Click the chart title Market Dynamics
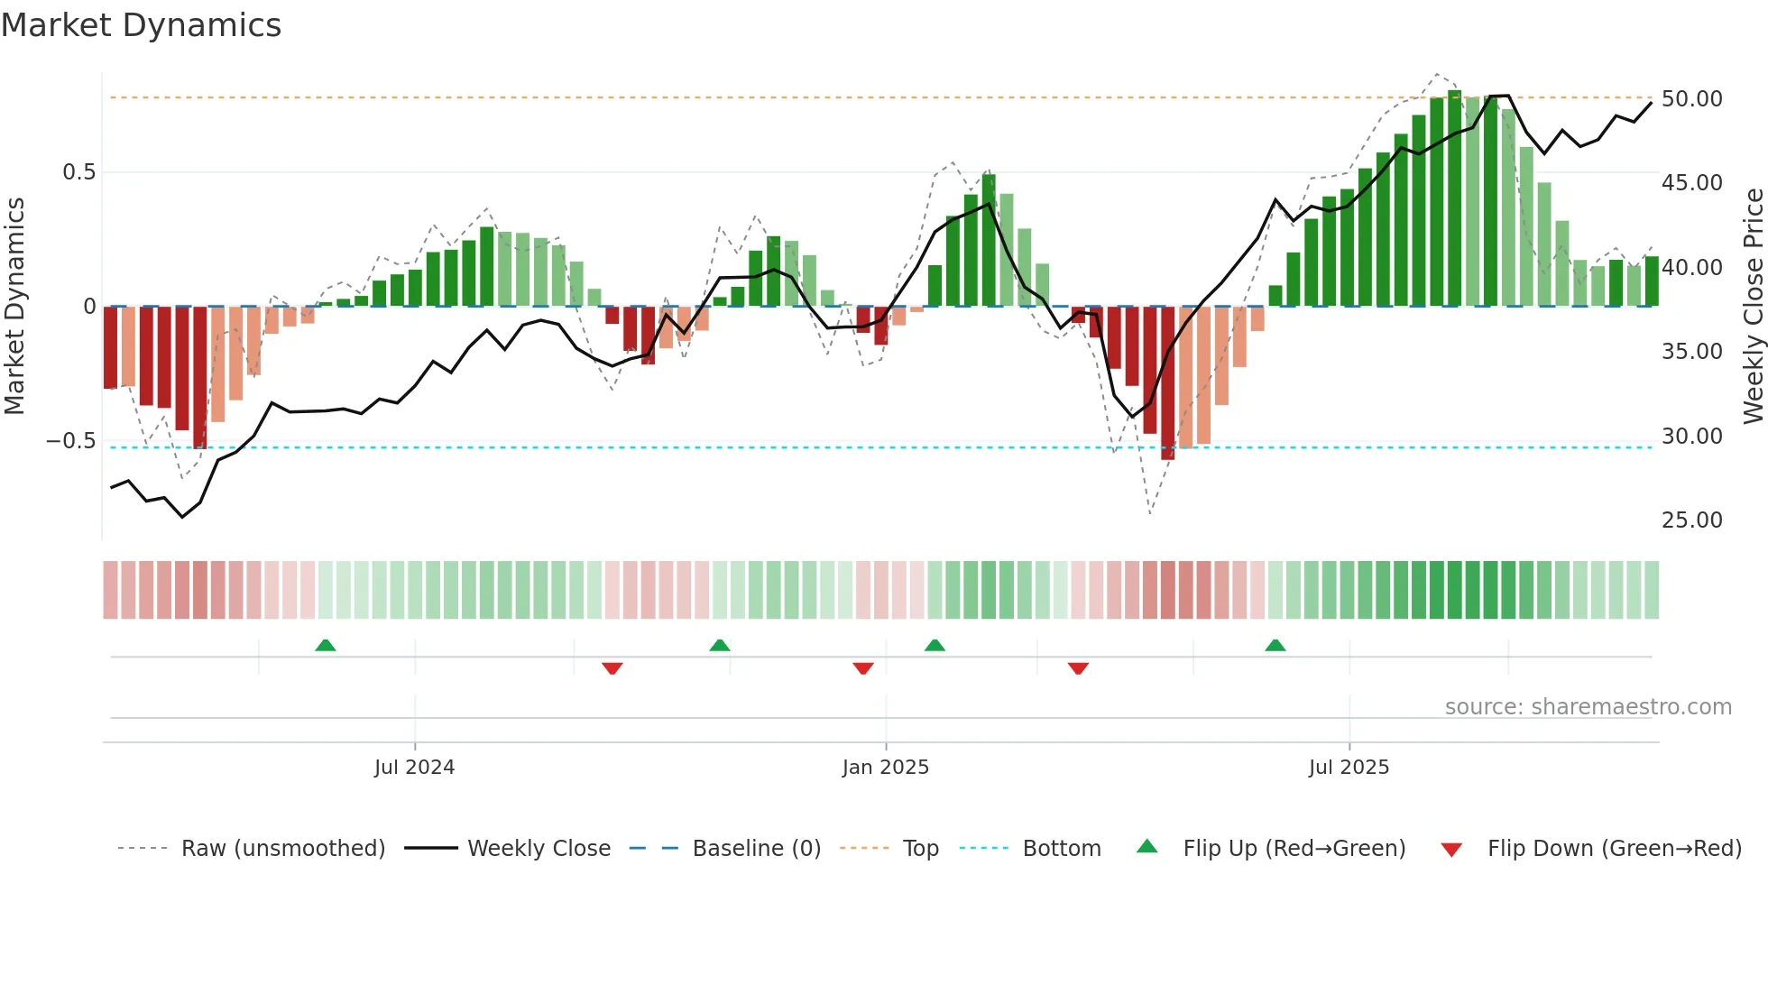click(x=141, y=25)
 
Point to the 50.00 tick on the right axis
click(x=1691, y=98)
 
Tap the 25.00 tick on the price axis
click(x=1691, y=520)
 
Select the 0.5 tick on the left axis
click(x=78, y=172)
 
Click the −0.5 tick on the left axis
click(x=71, y=441)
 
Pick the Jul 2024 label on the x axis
click(x=414, y=768)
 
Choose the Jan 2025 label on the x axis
click(x=885, y=768)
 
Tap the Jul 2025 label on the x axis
click(x=1349, y=768)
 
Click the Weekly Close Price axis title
click(x=1753, y=306)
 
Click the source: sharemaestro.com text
click(x=1588, y=707)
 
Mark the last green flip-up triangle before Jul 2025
click(x=1275, y=646)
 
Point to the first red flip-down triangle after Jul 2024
click(x=612, y=668)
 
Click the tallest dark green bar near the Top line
click(x=1454, y=198)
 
